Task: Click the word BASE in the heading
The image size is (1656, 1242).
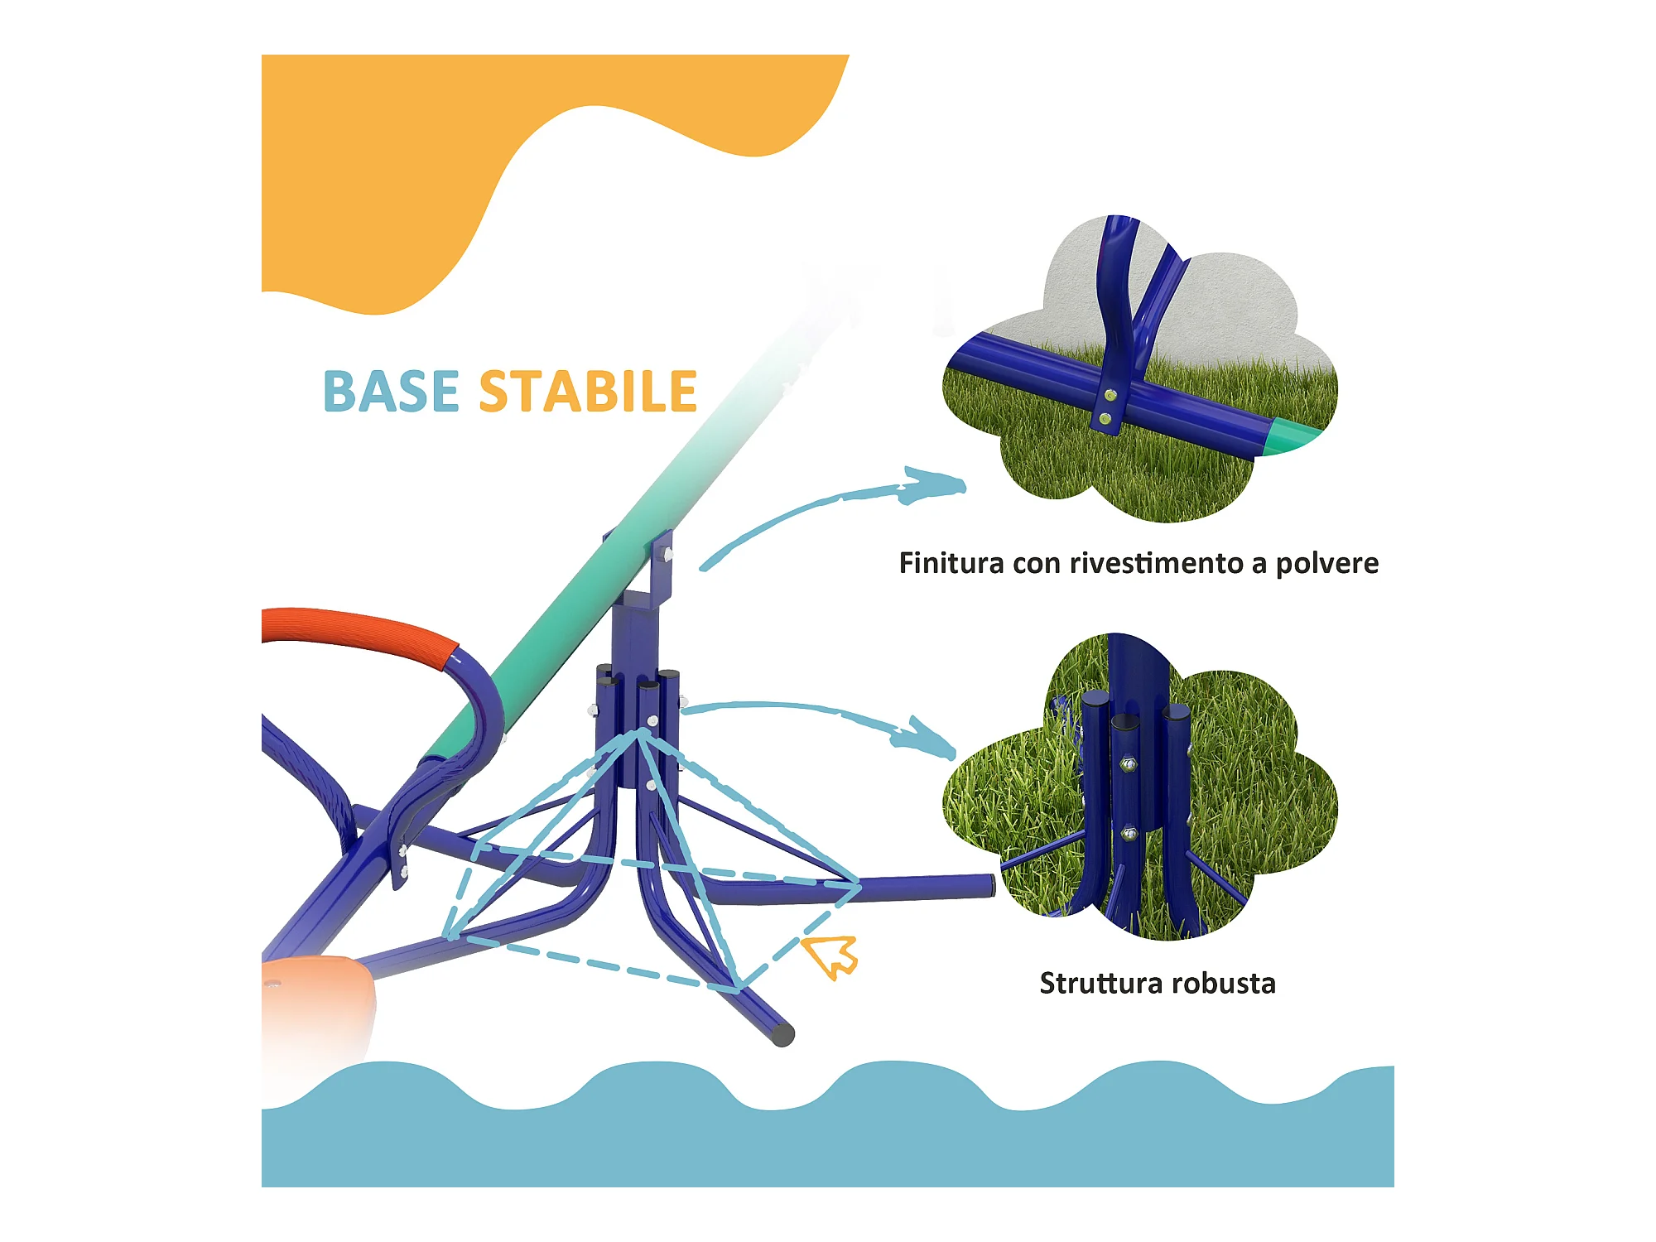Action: [x=390, y=392]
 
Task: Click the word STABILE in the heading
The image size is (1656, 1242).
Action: [x=588, y=392]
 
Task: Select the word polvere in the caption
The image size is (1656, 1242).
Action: [x=1326, y=564]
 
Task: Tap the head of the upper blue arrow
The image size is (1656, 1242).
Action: [x=936, y=486]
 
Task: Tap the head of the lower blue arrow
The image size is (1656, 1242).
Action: [x=931, y=739]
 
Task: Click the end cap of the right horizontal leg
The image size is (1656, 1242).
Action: [x=989, y=885]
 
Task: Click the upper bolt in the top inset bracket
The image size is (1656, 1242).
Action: [x=1110, y=396]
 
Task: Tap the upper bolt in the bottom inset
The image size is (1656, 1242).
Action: [x=1126, y=763]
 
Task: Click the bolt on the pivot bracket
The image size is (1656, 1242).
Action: [x=667, y=553]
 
